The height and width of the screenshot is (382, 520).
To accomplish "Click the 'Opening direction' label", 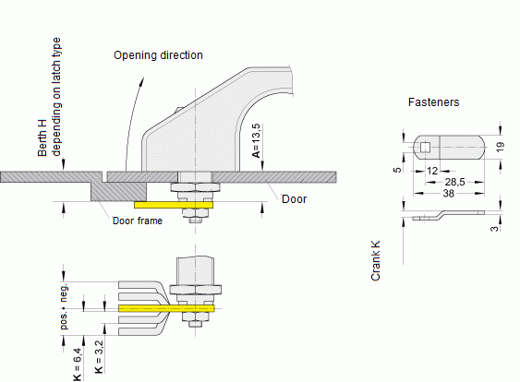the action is [158, 55].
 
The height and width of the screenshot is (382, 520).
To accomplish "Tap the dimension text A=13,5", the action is [257, 141].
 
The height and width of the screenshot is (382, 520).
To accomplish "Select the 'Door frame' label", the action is [138, 221].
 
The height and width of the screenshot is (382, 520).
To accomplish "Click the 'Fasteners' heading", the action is [434, 102].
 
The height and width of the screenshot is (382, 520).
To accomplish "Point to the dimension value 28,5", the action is [454, 182].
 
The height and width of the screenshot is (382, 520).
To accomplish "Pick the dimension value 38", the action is [448, 193].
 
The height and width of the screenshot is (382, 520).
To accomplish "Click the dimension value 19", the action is [500, 147].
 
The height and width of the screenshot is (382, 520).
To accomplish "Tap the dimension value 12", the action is [432, 171].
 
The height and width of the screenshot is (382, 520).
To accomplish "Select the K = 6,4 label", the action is [77, 364].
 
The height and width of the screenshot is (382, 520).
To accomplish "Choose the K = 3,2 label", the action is [99, 357].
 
